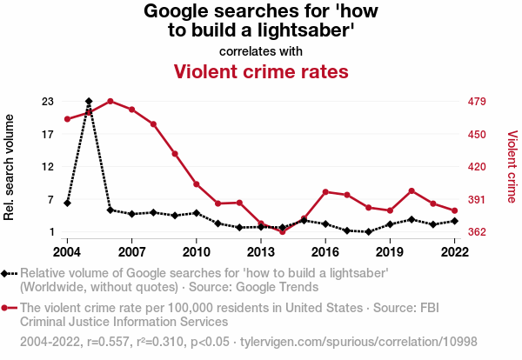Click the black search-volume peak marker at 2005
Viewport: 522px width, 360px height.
[x=89, y=102]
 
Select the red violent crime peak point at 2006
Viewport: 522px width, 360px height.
[x=110, y=101]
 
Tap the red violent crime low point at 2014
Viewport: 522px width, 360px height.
[x=283, y=232]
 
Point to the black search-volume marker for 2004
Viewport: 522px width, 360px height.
[x=67, y=203]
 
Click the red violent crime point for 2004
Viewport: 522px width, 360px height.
[x=67, y=119]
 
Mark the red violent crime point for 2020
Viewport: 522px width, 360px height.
[x=412, y=190]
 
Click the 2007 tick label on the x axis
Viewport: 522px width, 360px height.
[x=131, y=251]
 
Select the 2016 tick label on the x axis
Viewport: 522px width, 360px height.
[x=325, y=251]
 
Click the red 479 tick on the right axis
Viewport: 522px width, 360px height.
[x=477, y=102]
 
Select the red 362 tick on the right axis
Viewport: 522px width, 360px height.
[x=477, y=232]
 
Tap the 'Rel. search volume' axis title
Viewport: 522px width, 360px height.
[x=10, y=165]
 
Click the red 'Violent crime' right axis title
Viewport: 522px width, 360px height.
[x=512, y=166]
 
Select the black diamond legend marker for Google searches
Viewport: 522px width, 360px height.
[x=8, y=274]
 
